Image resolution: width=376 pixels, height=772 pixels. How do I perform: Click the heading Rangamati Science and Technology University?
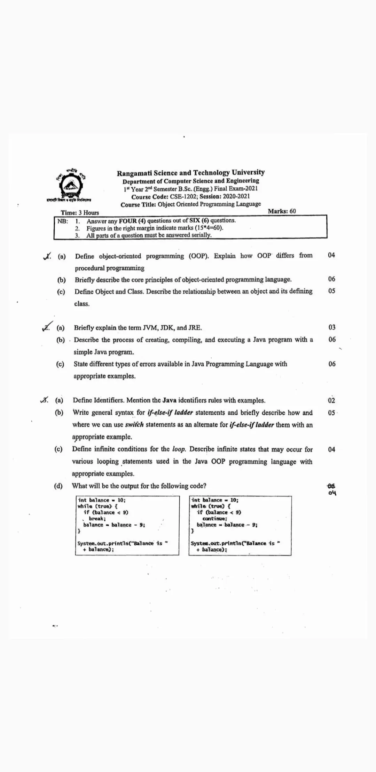[190, 173]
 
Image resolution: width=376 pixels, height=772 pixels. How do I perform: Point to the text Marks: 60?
[282, 211]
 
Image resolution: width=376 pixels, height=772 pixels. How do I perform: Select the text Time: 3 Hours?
[80, 213]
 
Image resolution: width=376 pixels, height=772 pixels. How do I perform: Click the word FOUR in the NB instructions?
[128, 221]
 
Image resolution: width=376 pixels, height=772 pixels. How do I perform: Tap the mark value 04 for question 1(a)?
[331, 255]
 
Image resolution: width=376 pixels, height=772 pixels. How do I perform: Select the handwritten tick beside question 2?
[47, 326]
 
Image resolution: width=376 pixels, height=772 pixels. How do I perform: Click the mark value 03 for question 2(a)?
[332, 327]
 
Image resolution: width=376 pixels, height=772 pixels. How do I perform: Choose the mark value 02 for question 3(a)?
[331, 400]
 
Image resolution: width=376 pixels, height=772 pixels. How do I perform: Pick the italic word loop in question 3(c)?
[179, 449]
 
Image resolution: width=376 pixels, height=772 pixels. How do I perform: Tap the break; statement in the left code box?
[97, 519]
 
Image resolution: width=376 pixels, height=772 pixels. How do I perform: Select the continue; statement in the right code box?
[215, 519]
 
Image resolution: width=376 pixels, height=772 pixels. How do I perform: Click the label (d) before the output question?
[58, 486]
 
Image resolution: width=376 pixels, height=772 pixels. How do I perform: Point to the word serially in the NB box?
[201, 235]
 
